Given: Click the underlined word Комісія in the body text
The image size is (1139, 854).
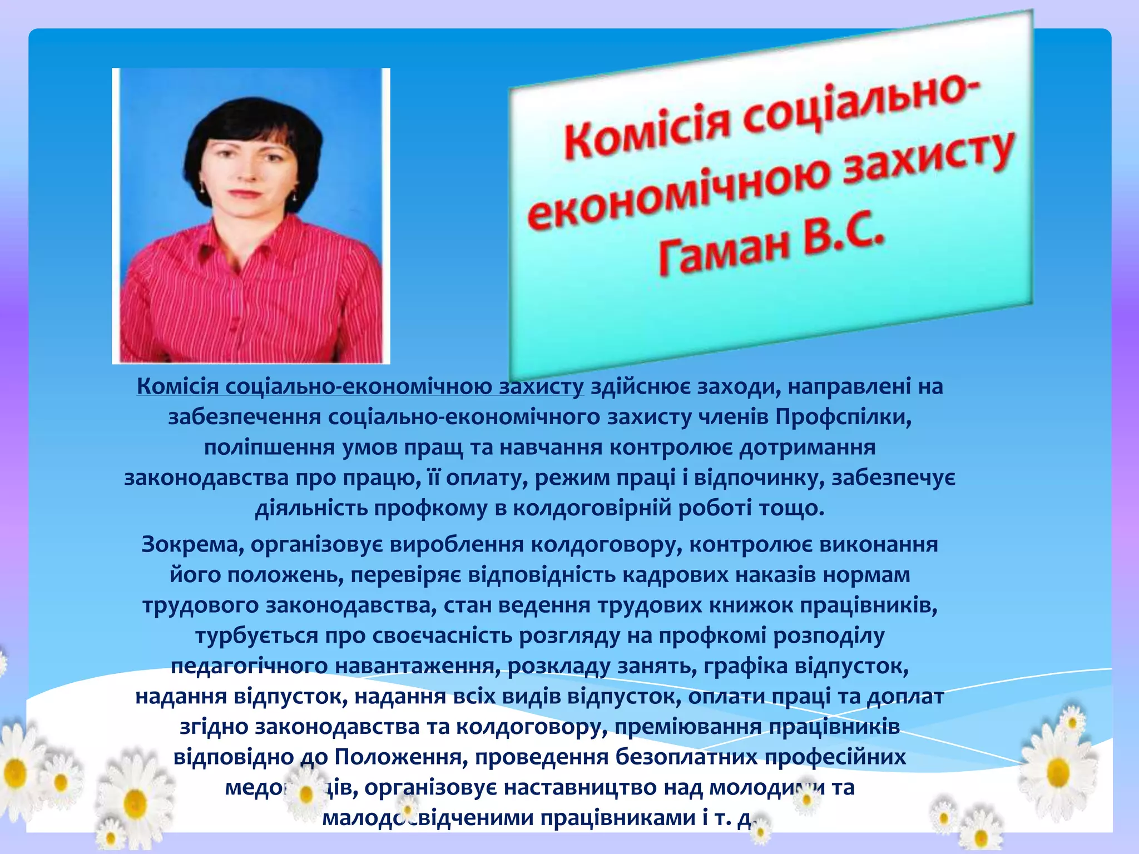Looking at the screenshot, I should coord(178,386).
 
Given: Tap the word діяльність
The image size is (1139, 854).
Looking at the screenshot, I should coord(311,508).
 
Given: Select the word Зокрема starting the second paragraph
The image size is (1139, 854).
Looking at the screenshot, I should coord(192,544).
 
